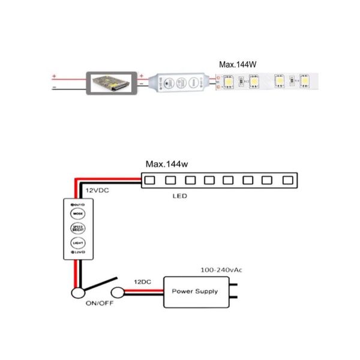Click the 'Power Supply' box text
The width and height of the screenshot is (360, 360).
pyautogui.click(x=195, y=292)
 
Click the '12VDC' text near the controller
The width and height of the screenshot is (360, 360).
pyautogui.click(x=97, y=190)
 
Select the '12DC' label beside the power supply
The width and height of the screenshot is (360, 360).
pyautogui.click(x=142, y=281)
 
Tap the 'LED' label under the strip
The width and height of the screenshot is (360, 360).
pyautogui.click(x=179, y=196)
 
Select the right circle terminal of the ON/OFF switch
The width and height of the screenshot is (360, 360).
pyautogui.click(x=118, y=293)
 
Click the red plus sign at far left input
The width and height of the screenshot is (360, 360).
pyautogui.click(x=54, y=76)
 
